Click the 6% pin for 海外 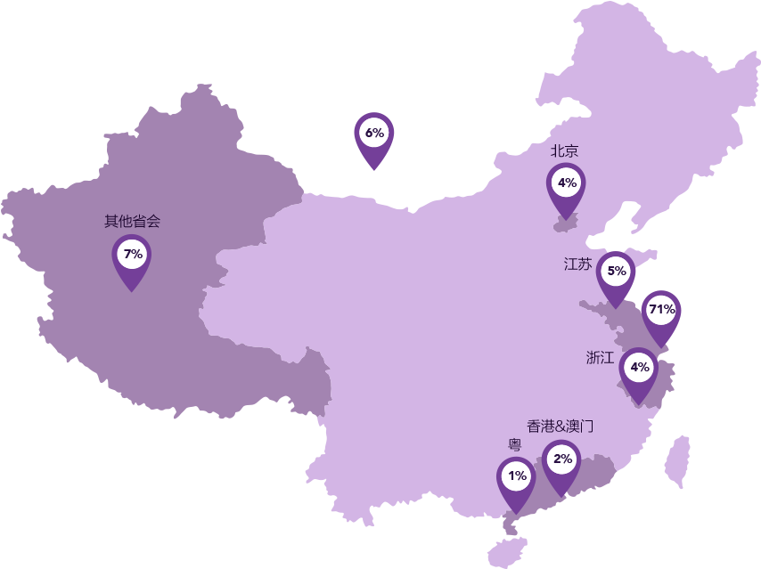pos(374,135)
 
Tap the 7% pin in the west pos(132,256)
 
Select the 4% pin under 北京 pos(567,185)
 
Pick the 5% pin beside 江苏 pos(616,272)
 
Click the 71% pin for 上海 pos(661,312)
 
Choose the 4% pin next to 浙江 pos(639,369)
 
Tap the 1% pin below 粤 pos(517,478)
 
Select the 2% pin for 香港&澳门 pos(562,461)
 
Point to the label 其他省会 pos(132,221)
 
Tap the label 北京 pos(564,151)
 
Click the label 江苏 pos(577,264)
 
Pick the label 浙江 pos(600,358)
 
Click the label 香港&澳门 pos(560,427)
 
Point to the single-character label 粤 pos(515,445)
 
